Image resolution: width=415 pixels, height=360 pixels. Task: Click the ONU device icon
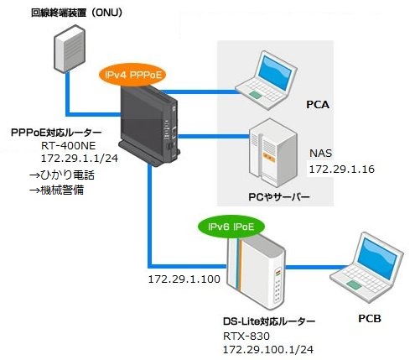pos(70,49)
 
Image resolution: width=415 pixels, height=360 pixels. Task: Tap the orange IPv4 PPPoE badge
pos(133,76)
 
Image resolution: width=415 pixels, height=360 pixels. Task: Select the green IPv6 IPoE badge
pos(231,227)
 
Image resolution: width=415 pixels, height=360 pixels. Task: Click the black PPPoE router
pos(149,125)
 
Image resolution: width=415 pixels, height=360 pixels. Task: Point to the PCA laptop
pos(266,80)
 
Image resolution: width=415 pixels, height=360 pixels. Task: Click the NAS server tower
pos(272,153)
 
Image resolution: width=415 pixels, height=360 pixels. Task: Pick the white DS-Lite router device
pos(256,271)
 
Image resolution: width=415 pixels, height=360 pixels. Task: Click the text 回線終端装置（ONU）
pos(76,13)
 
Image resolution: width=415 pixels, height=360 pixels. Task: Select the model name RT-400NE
pos(69,145)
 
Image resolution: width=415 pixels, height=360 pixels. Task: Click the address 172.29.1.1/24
pos(80,159)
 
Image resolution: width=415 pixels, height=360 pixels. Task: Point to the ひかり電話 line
pos(62,175)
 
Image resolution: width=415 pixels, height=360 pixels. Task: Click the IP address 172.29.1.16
pos(342,170)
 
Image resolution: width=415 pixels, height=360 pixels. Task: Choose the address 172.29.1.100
pos(184,279)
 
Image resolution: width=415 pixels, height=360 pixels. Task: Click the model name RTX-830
pos(246,336)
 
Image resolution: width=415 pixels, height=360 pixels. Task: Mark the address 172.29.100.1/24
pos(268,349)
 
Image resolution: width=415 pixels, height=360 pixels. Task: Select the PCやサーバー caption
pos(279,197)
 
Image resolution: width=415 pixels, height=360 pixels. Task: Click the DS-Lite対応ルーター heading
pos(269,321)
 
